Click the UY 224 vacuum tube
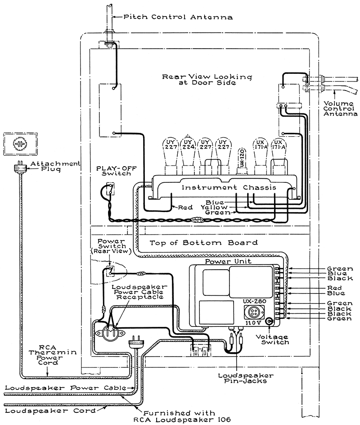pyautogui.click(x=188, y=154)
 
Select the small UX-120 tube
pyautogui.click(x=242, y=161)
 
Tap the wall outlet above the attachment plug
pyautogui.click(x=21, y=143)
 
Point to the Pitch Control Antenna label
pyautogui.click(x=178, y=17)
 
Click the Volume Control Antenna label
pyautogui.click(x=340, y=109)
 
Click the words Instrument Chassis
pyautogui.click(x=229, y=188)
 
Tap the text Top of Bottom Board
pyautogui.click(x=204, y=243)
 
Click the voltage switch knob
pyautogui.click(x=270, y=322)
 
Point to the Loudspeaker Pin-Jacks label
pyautogui.click(x=246, y=378)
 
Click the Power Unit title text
pyautogui.click(x=228, y=262)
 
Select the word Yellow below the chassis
pyautogui.click(x=214, y=208)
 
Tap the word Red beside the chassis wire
pyautogui.click(x=185, y=208)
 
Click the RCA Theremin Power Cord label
pyautogui.click(x=53, y=355)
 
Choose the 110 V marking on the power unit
pyautogui.click(x=253, y=323)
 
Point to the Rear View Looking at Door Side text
pyautogui.click(x=207, y=80)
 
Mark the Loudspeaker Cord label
pyautogui.click(x=50, y=411)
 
